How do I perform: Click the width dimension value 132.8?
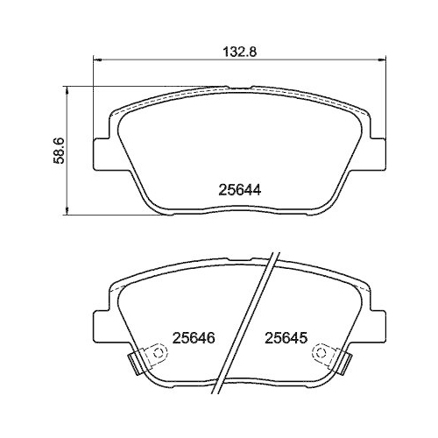pos(239,52)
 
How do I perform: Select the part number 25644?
pos(239,187)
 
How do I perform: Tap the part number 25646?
pos(194,337)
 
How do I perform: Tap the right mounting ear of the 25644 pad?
pos(377,149)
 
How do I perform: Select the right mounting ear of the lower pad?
pos(377,324)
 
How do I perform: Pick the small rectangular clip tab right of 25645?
pos(345,361)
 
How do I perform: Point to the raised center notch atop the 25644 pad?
pos(239,87)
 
